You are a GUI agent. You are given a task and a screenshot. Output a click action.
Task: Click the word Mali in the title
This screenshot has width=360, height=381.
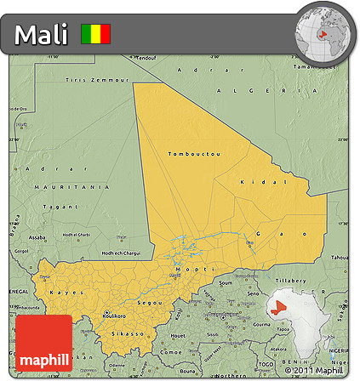pos(43,35)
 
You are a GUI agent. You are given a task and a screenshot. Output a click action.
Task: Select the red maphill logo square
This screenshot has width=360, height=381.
pos(43,344)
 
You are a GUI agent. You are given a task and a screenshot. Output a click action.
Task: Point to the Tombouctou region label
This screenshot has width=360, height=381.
pos(194,153)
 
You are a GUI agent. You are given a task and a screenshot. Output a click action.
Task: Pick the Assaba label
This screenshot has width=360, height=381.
pos(37,237)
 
